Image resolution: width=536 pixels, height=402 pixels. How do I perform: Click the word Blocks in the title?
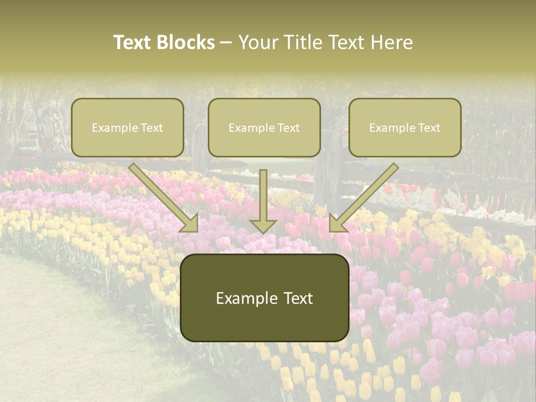pos(186,42)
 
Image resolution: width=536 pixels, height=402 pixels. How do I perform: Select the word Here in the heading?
pos(391,42)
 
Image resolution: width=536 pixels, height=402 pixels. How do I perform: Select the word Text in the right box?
pos(429,128)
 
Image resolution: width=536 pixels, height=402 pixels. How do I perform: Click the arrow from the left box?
pos(162,195)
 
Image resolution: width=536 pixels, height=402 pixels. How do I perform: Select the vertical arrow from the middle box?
pos(264,195)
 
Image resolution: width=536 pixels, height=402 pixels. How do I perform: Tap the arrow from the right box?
pos(366,195)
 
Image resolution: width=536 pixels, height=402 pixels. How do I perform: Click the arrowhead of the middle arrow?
pos(264,226)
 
